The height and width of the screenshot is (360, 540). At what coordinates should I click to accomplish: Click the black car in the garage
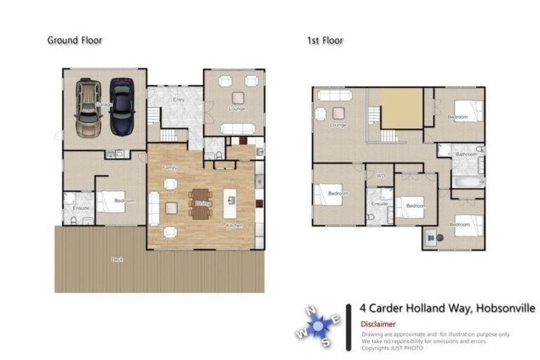(122, 107)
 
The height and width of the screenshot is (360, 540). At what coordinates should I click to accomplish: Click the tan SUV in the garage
(88, 109)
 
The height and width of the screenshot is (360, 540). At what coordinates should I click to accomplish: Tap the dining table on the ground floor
(200, 202)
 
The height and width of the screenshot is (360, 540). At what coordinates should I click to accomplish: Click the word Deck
(117, 259)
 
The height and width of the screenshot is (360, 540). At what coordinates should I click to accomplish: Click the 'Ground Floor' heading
(75, 40)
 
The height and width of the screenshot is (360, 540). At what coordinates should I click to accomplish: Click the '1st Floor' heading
(325, 40)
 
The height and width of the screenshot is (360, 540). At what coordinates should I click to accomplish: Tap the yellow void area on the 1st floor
(401, 109)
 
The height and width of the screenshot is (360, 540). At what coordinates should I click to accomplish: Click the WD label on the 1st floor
(380, 176)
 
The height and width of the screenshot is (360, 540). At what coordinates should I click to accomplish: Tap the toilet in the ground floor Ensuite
(75, 220)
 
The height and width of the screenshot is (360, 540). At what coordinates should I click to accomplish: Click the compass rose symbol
(321, 326)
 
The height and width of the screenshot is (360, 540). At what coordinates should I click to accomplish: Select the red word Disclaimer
(378, 324)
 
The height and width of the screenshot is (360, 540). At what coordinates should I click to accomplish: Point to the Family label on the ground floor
(169, 167)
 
